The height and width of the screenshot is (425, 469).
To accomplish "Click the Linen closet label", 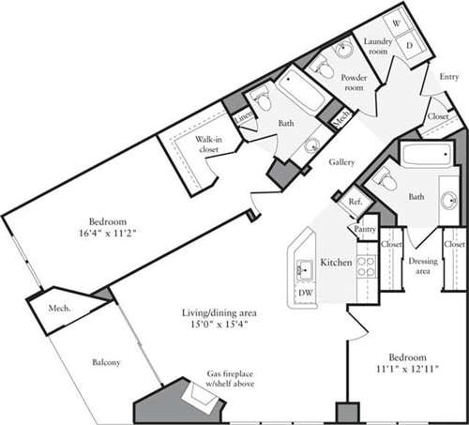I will coord(243,116).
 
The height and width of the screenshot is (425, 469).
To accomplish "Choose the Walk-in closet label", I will coord(208,145).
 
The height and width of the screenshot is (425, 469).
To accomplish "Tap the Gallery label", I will coord(341,162).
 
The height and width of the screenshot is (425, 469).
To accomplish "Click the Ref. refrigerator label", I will coord(355,201).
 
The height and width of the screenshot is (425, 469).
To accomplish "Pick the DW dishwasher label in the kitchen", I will coord(305,293).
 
